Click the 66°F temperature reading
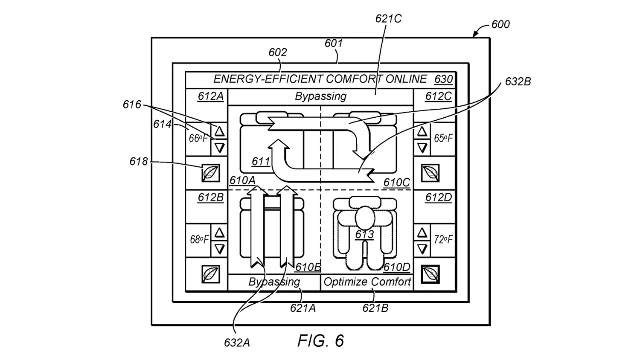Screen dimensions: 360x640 pos(198,139)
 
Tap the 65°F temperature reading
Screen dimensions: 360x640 pos(443,139)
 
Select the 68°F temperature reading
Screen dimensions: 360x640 pos(199,240)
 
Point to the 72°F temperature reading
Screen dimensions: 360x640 pos(443,240)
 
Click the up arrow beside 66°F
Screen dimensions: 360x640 pos(219,131)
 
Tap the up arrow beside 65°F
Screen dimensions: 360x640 pos(422,131)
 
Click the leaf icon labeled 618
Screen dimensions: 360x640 pos(211,173)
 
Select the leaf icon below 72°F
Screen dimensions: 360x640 pos(430,274)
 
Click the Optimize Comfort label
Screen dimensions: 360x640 pos(367,282)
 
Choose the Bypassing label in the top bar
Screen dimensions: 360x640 pos(320,96)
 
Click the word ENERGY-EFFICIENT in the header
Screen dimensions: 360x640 pos(268,79)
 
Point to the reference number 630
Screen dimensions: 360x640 pos(443,79)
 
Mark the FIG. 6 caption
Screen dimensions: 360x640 pos(320,341)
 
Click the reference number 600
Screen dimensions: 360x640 pos(500,24)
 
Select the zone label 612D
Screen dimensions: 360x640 pos(438,198)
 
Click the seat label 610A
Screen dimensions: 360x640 pos(242,180)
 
